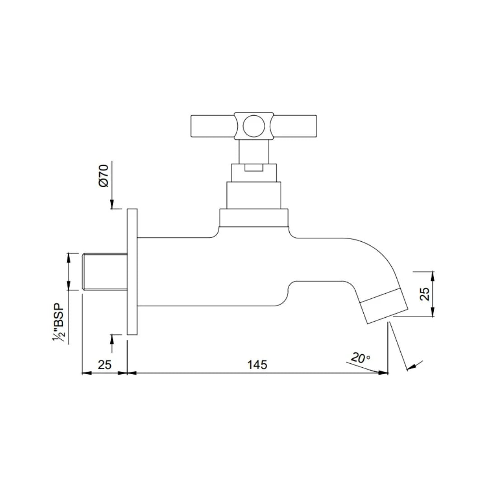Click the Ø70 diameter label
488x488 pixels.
point(103,176)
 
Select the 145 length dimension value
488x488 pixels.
point(257,364)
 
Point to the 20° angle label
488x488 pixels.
point(360,358)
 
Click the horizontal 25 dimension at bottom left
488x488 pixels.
point(104,364)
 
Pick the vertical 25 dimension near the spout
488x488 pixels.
point(424,295)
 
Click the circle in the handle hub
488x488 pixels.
point(253,126)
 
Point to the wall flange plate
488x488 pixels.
point(132,272)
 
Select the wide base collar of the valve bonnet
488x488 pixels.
point(253,218)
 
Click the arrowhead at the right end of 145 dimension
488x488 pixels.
point(384,372)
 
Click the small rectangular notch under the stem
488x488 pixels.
point(253,168)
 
